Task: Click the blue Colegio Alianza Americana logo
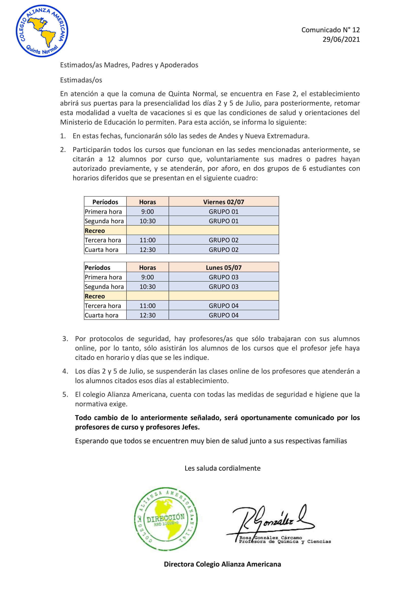point(42,31)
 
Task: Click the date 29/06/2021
point(341,39)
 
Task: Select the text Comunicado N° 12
point(330,30)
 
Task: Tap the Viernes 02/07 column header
point(223,202)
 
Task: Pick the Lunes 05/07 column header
point(223,267)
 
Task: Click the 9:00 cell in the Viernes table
point(148,211)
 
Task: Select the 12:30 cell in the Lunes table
point(148,315)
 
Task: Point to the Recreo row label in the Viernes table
point(95,231)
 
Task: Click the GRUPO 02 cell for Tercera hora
point(223,240)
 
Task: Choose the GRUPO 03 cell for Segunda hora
point(223,286)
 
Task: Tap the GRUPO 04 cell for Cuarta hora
point(223,315)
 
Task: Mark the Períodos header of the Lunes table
point(98,267)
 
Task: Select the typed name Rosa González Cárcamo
point(270,537)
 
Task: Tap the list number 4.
point(65,371)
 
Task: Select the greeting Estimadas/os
point(81,80)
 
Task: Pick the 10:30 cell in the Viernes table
point(148,221)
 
